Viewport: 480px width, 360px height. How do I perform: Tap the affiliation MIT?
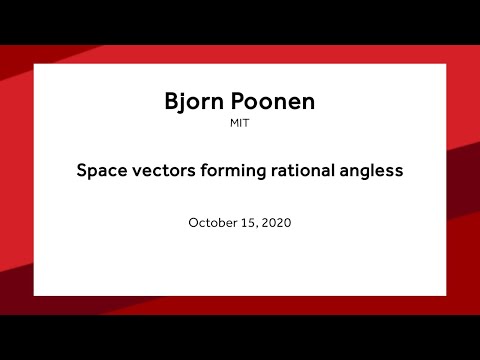tap(239, 126)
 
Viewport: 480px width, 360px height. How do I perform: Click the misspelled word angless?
tap(372, 172)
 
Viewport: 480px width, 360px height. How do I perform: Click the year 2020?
tap(276, 223)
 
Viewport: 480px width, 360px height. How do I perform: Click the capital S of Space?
tap(82, 171)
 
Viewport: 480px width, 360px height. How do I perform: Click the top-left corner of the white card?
tap(34, 65)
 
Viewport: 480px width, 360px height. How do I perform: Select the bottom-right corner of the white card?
tap(445, 295)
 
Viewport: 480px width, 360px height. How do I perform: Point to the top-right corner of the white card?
tap(445, 65)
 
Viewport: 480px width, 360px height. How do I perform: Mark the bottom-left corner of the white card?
tap(34, 295)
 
